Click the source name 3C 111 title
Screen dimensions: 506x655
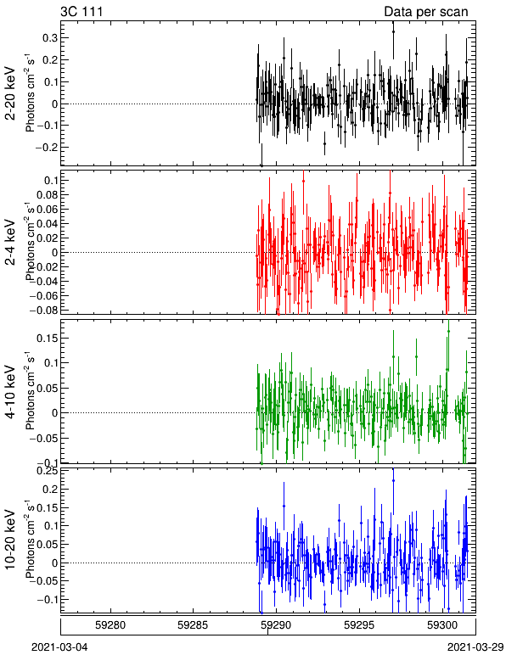[x=82, y=11]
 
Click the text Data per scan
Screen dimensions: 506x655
[x=426, y=12]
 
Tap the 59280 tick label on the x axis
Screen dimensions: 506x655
[x=110, y=625]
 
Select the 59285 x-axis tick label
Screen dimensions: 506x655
[x=193, y=625]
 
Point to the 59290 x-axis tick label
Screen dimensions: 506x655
[x=276, y=625]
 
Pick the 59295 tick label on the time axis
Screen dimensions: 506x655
[x=359, y=625]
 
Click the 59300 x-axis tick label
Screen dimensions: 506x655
[x=442, y=625]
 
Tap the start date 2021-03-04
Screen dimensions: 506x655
[x=59, y=647]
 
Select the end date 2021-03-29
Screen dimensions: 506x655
[x=475, y=647]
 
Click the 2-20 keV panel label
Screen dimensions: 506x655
[x=10, y=93]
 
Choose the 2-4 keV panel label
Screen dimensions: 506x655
[x=10, y=243]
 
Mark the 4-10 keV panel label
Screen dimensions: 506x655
[x=10, y=392]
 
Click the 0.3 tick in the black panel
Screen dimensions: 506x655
[x=49, y=38]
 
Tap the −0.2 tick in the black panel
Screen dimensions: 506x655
[x=47, y=147]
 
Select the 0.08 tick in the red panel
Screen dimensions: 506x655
[x=47, y=194]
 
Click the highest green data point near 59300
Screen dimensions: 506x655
[x=448, y=331]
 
